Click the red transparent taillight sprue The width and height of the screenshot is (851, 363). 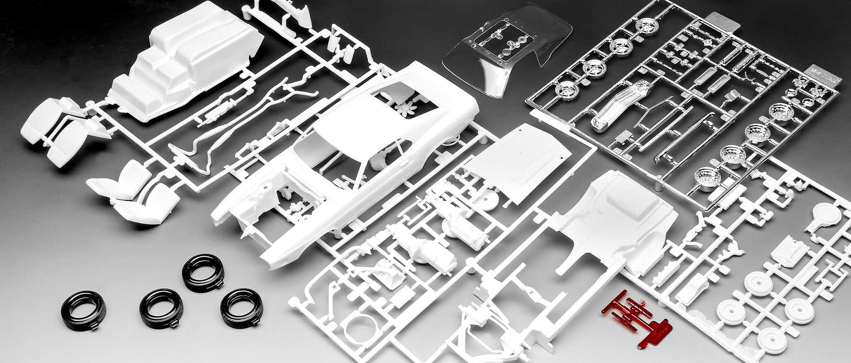pos(636,319)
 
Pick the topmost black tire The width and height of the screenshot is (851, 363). pos(203,272)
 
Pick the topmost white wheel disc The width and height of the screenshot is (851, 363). pos(758,283)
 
